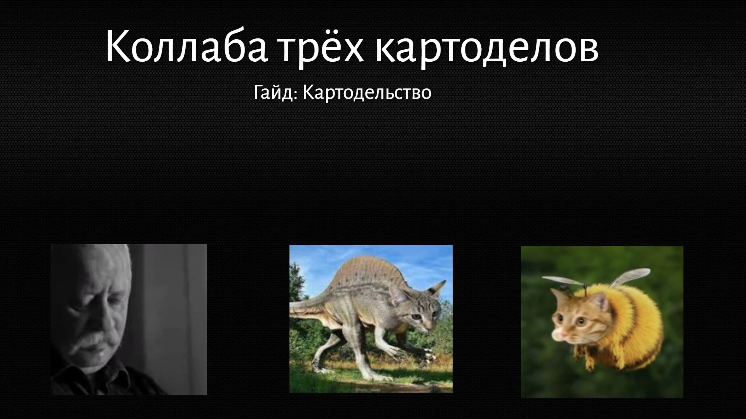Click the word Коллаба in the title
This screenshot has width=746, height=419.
click(x=186, y=46)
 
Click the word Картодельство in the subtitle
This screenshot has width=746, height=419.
click(x=367, y=92)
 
